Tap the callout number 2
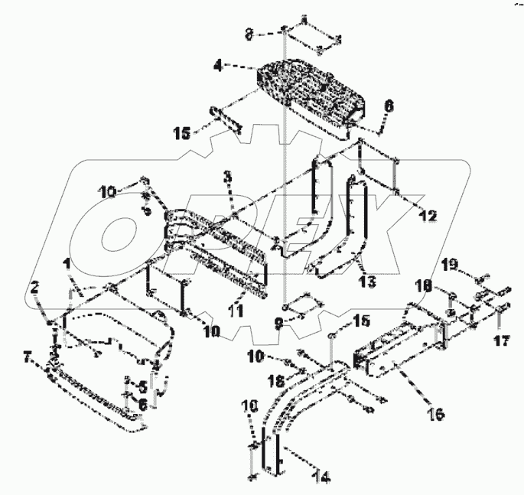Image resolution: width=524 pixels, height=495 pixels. (x=34, y=287)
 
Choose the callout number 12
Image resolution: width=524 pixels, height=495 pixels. (x=428, y=217)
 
